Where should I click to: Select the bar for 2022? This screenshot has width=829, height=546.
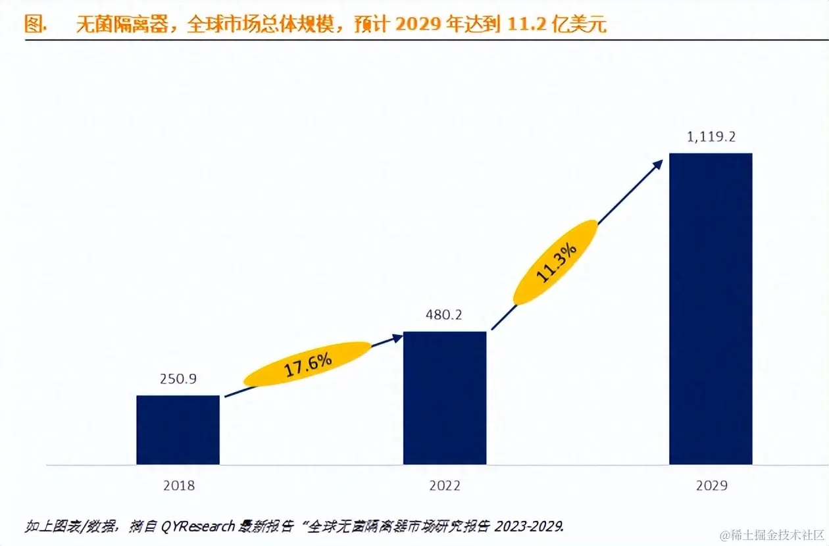coord(444,397)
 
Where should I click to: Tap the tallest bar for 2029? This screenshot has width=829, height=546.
coord(710,309)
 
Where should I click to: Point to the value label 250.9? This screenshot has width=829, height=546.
coord(178,380)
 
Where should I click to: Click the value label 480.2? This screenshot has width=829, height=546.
coord(444,315)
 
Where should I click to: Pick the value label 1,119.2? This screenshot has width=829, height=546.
coord(710,137)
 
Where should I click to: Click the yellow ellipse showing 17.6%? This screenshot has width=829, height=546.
coord(307,364)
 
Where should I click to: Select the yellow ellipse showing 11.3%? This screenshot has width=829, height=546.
coord(556,262)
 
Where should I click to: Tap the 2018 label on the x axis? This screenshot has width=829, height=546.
coord(178,486)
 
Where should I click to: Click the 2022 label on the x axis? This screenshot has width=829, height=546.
coord(444,486)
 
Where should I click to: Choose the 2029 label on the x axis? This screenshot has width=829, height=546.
coord(711,486)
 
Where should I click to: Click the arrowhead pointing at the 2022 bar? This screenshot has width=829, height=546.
coord(397,337)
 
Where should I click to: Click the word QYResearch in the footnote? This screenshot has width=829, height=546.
coord(193,526)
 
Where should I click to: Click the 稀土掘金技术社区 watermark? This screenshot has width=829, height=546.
coord(770,534)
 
